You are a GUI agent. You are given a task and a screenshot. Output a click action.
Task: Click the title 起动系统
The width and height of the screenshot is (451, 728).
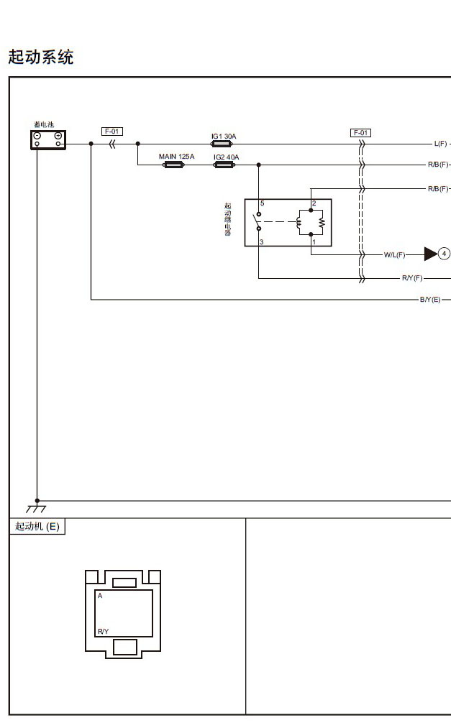coord(41,57)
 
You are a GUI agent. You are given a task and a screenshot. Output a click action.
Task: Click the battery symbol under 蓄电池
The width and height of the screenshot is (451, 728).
coord(48,139)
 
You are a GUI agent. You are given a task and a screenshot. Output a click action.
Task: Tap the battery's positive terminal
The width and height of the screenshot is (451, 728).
coord(58,136)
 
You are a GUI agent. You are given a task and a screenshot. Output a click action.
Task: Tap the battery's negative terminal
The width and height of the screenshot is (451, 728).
coord(37,136)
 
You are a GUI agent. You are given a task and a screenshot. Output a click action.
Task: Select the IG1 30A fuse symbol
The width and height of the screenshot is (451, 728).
coord(222,144)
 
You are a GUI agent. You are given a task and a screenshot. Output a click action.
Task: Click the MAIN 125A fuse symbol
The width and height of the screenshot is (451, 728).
coord(173,165)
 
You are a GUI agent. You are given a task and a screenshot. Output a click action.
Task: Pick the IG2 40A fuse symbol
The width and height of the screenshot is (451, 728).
coord(224,165)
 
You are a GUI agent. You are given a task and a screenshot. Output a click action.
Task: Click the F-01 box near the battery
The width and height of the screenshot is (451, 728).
coord(112,132)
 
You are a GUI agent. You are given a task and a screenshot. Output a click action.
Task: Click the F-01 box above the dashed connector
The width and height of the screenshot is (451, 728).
coord(360,133)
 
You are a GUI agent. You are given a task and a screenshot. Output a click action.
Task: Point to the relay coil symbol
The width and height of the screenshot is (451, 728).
coord(299,222)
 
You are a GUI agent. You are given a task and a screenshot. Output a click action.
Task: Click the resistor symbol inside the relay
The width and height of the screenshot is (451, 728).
coord(322,222)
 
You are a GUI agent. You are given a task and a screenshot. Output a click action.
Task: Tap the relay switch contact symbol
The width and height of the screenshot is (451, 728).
coord(258,221)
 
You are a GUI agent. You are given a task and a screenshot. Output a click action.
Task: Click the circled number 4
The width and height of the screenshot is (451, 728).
coord(444,254)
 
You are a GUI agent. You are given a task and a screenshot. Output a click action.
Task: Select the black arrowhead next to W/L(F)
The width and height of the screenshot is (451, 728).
coord(431,254)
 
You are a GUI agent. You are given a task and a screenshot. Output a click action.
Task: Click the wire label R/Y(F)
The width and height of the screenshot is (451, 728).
coord(412,278)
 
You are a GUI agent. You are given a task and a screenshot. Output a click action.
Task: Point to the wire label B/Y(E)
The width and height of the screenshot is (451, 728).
coord(430,300)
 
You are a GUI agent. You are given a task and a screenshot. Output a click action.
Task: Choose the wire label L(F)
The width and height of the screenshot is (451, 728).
coord(440,144)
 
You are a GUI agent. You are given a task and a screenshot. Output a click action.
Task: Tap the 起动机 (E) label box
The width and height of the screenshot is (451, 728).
coord(37,527)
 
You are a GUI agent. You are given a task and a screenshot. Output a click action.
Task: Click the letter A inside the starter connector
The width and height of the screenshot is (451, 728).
coord(100,596)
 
